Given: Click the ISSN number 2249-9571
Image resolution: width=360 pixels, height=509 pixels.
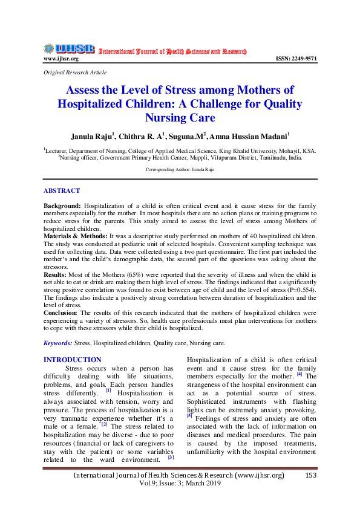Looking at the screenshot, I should [x=296, y=59].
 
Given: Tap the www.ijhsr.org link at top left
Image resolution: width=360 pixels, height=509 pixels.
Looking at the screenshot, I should [x=61, y=59].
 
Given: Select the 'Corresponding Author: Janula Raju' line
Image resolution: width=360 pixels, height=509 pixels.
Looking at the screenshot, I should [x=180, y=170].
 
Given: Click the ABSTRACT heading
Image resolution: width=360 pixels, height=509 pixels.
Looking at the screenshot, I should [x=61, y=190].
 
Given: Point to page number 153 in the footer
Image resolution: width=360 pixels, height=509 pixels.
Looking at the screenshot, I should [x=311, y=475].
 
